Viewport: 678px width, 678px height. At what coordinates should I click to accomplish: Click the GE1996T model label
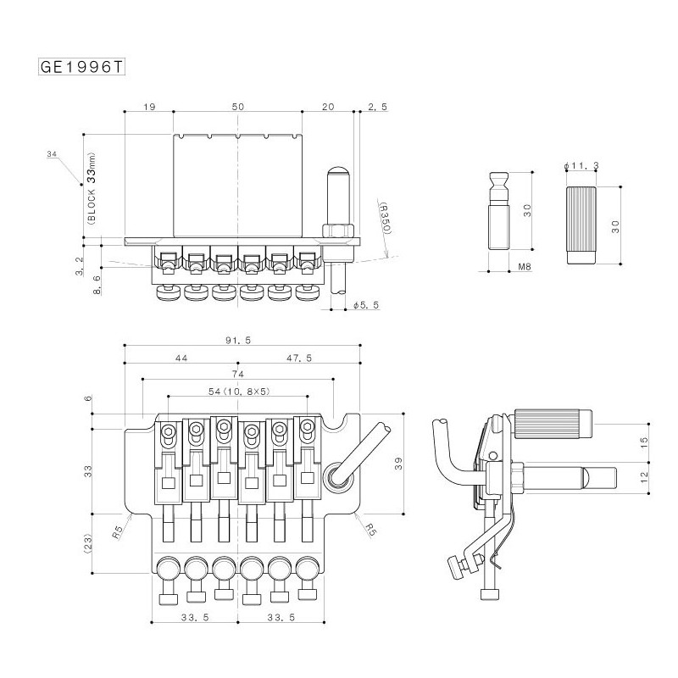81,67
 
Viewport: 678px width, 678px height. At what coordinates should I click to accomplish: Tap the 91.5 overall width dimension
238,341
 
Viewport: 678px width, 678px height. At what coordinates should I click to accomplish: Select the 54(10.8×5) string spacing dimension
239,392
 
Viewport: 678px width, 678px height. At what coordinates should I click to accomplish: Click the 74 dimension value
238,374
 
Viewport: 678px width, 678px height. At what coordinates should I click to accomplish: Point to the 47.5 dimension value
299,358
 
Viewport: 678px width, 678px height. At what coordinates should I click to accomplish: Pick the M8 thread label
524,267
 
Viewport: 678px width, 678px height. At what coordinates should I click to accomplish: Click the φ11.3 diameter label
581,165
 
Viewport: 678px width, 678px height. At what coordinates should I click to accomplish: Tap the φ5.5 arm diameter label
366,305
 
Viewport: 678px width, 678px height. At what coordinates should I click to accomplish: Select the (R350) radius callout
385,218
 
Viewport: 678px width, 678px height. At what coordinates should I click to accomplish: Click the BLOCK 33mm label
92,188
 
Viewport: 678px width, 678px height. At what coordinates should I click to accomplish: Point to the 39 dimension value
398,464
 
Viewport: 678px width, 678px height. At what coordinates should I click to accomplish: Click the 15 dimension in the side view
644,442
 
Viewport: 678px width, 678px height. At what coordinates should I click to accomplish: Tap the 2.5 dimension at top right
377,107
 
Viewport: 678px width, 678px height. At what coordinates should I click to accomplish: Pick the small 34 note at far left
52,154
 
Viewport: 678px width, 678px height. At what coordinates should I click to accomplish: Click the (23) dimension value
88,544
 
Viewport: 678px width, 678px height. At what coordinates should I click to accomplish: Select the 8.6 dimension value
97,285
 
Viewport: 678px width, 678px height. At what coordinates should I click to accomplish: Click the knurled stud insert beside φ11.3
581,225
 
